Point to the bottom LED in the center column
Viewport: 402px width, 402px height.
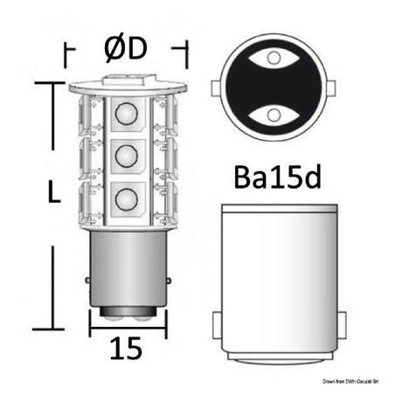tap(126, 198)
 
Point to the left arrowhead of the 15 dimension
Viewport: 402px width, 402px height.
tap(94, 333)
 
